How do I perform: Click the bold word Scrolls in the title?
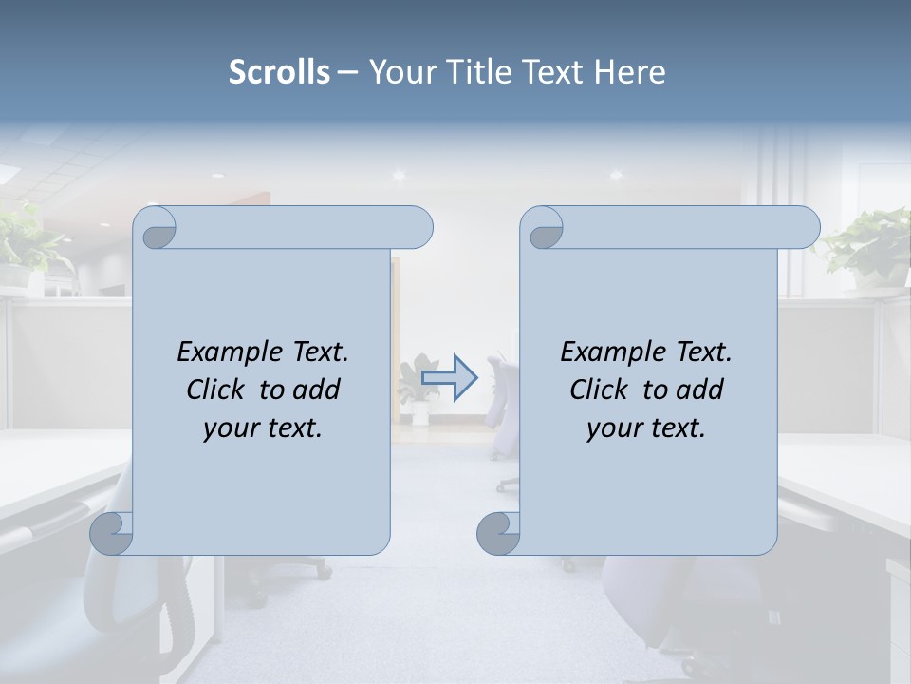pos(279,72)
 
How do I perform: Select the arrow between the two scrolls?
pos(449,377)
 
